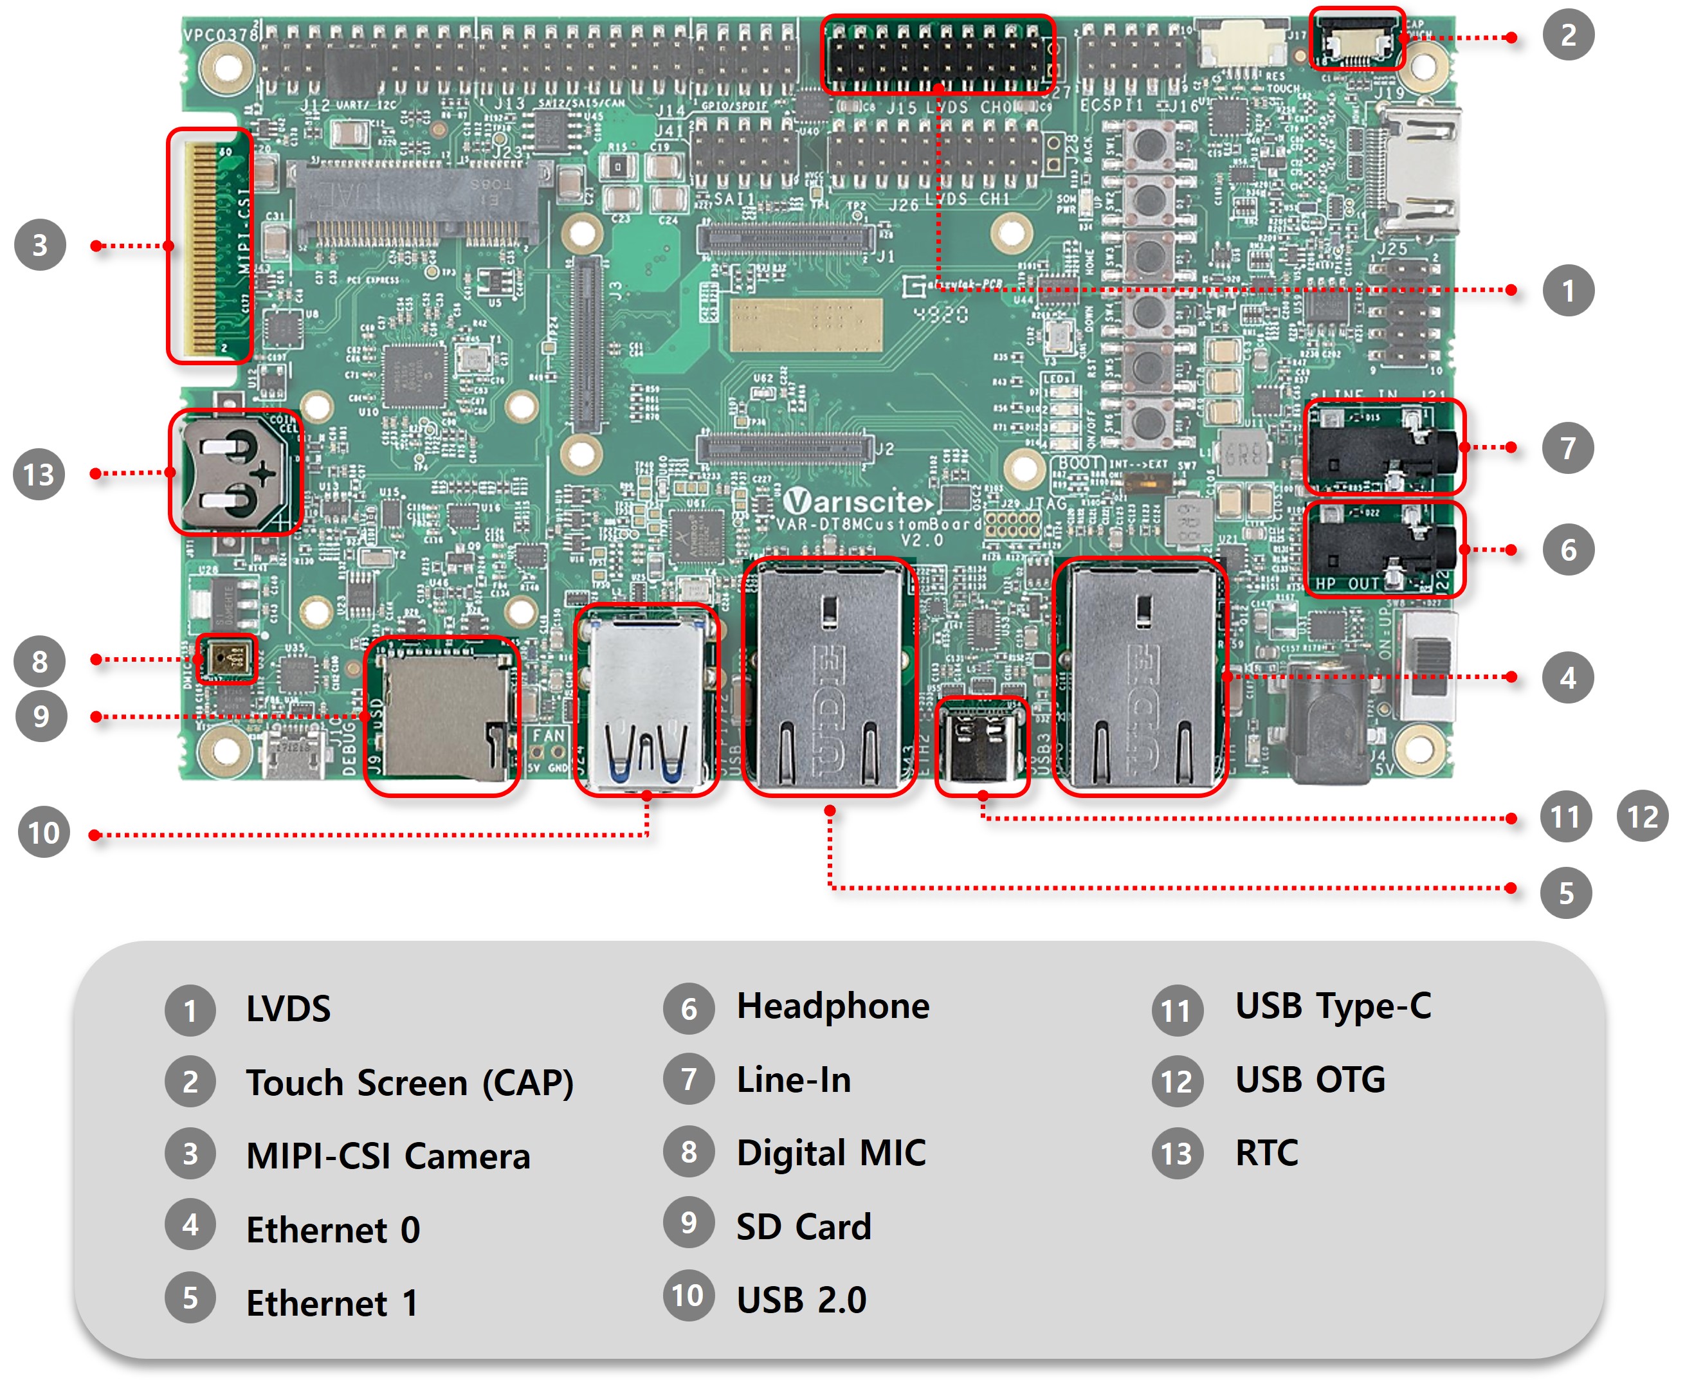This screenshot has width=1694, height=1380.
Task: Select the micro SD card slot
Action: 442,716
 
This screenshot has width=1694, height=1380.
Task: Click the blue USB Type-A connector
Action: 646,700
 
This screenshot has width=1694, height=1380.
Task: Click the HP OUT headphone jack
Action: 1383,549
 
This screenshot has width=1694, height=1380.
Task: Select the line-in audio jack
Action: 1383,447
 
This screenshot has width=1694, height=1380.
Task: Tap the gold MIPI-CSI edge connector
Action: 208,246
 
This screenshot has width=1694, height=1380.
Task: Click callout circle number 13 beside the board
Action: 39,475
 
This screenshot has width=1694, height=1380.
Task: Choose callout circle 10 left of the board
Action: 44,832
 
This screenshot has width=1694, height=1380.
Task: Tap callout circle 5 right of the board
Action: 1565,893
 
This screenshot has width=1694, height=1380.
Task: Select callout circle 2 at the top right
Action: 1567,35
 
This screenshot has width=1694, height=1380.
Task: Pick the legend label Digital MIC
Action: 831,1152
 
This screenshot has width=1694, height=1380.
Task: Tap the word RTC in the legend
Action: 1266,1152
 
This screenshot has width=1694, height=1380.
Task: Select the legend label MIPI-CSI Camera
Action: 387,1156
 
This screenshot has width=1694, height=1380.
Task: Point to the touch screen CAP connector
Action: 1356,40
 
